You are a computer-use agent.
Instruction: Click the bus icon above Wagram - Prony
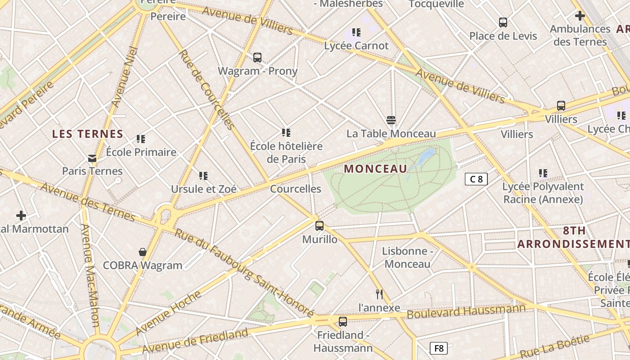257,58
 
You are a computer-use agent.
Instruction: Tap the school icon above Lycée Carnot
356,32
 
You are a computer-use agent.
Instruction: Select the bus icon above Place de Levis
503,22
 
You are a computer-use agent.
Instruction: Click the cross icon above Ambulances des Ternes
580,16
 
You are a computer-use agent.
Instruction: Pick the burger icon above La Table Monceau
391,120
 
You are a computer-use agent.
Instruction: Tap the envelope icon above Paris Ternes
92,158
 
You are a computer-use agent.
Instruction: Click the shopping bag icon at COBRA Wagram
143,252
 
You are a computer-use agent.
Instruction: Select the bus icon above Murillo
319,226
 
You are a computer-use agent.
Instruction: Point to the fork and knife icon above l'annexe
379,294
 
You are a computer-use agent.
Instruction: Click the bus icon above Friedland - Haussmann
343,322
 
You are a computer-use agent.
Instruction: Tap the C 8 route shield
476,179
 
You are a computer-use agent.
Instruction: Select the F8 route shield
439,348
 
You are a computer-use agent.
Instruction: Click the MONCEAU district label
375,169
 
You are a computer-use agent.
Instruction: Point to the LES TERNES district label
88,134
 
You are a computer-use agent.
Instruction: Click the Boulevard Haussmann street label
466,311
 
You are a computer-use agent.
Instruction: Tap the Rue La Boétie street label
554,346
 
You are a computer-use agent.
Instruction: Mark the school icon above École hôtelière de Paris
286,133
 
